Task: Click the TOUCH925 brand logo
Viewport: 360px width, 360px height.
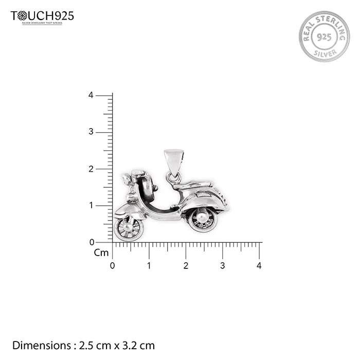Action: pos(42,16)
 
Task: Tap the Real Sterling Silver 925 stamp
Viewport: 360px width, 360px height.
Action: pos(324,37)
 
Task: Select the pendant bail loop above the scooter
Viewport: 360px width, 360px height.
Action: pos(173,162)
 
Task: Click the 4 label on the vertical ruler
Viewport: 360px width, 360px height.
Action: pos(91,95)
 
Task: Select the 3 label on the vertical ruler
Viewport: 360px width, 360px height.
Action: pos(91,132)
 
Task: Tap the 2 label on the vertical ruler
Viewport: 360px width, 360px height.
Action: pos(91,169)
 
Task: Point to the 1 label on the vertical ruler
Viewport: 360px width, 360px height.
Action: pos(91,206)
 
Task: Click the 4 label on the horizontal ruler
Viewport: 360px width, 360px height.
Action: pos(259,266)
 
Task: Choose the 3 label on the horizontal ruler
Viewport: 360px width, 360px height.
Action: pos(222,266)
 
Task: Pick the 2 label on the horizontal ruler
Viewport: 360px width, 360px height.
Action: pos(186,266)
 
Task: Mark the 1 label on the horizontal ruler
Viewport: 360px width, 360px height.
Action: pos(149,266)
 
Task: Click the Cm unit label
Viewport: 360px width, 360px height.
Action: pos(101,253)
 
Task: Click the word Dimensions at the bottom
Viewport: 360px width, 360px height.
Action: pos(42,346)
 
